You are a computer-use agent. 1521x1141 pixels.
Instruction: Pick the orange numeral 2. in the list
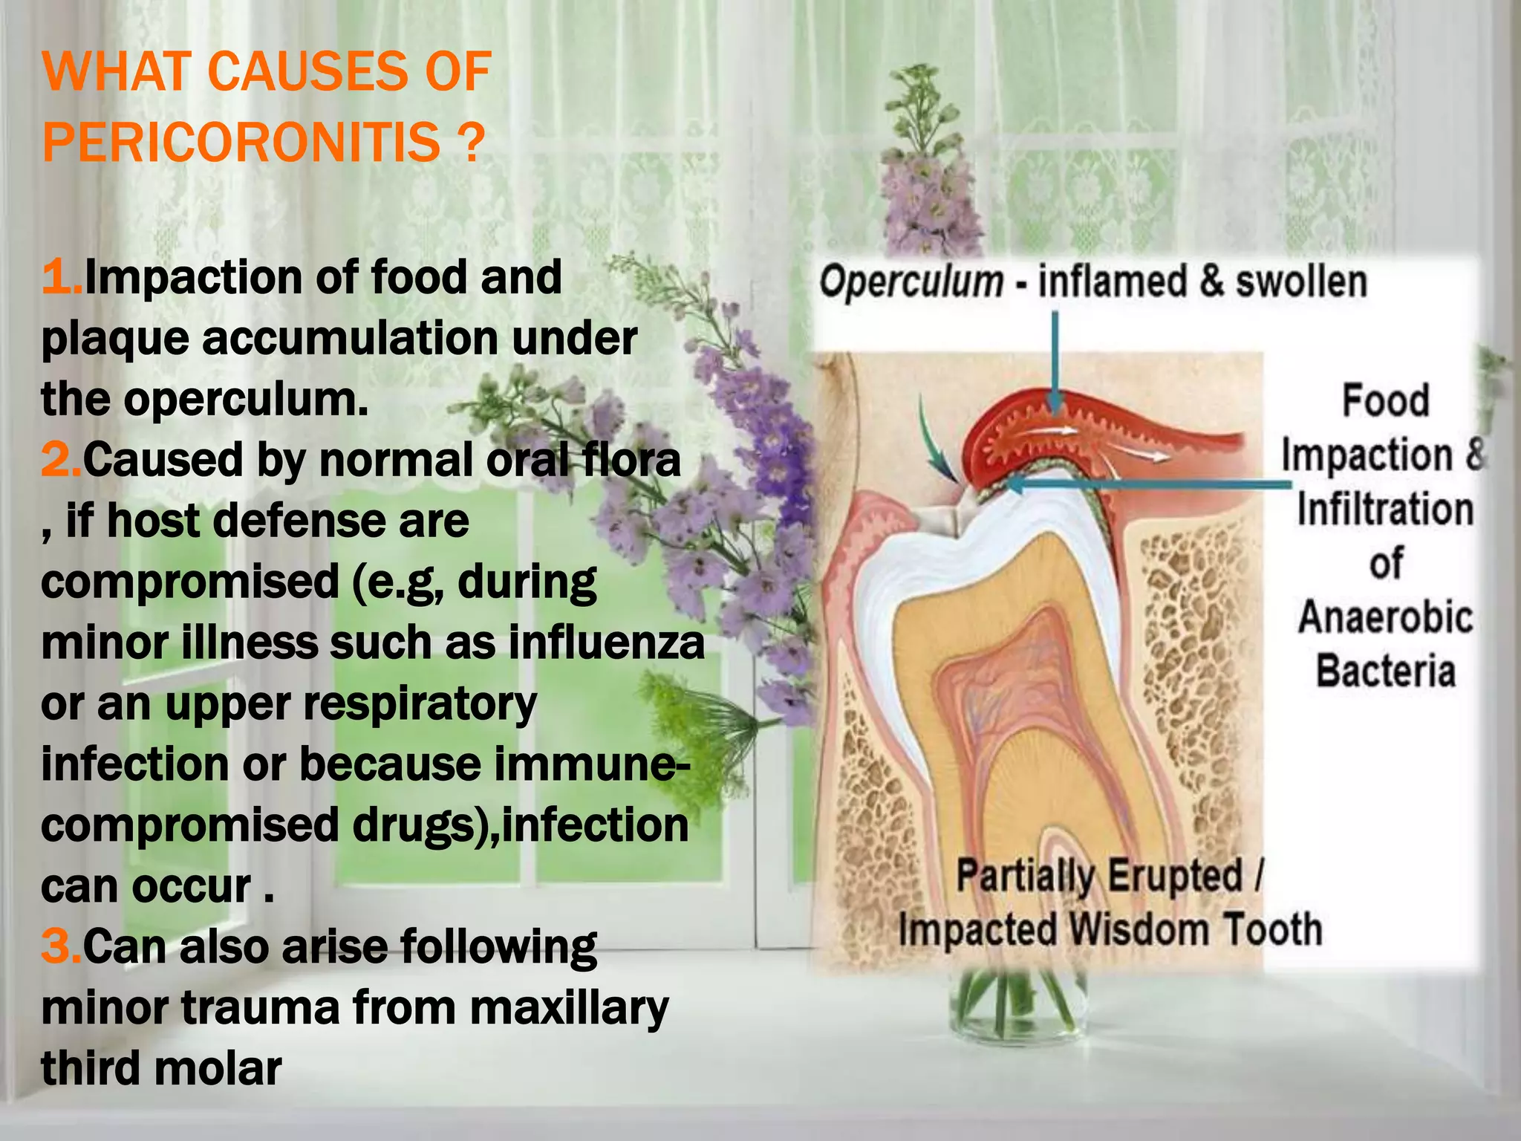coord(62,460)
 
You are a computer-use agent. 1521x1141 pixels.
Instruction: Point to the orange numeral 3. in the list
coord(62,947)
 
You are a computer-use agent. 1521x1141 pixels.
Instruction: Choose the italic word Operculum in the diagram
coord(911,282)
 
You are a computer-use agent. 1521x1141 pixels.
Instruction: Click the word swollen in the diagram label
coord(1300,282)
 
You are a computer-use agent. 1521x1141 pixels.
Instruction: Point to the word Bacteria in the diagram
coord(1385,672)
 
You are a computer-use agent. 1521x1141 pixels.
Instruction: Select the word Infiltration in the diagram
coord(1385,510)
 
